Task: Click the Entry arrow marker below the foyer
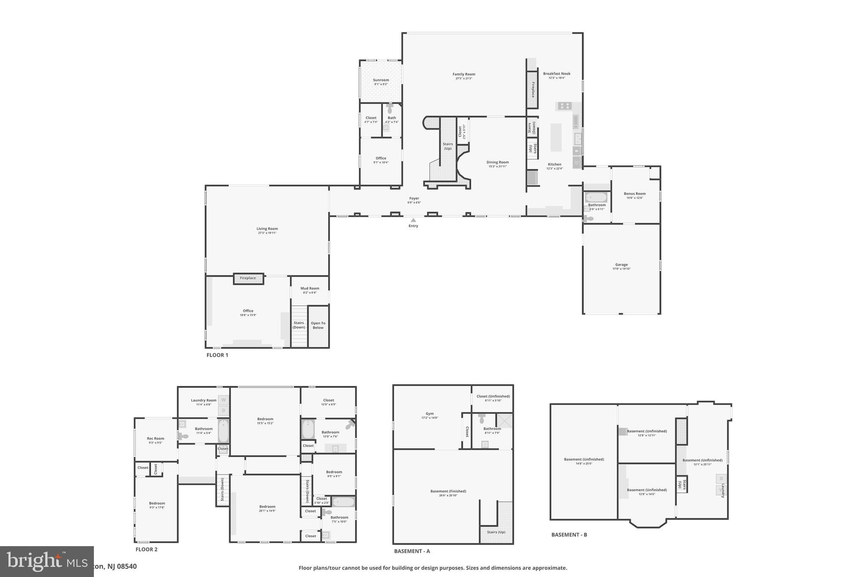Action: click(x=413, y=220)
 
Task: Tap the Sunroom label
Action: click(x=381, y=80)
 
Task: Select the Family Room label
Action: click(x=463, y=74)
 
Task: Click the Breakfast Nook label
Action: click(x=556, y=74)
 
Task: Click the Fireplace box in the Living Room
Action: click(x=248, y=278)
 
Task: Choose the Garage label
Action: click(x=621, y=265)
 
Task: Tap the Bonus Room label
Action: click(x=634, y=194)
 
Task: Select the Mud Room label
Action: click(x=310, y=289)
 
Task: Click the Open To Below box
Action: click(x=318, y=325)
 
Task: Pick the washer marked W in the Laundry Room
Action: click(x=224, y=400)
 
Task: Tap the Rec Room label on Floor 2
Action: click(x=156, y=439)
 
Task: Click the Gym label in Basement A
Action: click(x=429, y=414)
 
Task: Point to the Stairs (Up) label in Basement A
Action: click(x=496, y=532)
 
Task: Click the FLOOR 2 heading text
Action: click(x=146, y=550)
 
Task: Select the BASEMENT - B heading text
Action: click(x=569, y=535)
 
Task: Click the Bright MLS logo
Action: click(x=47, y=561)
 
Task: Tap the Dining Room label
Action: click(x=497, y=163)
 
